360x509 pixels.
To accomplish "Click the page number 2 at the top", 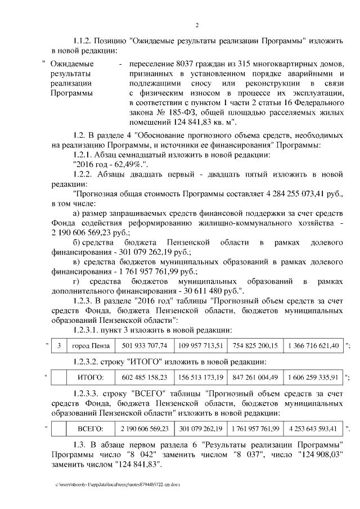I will [x=197, y=25].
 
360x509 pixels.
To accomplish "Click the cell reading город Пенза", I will [x=90, y=345].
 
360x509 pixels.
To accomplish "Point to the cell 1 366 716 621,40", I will [x=313, y=345].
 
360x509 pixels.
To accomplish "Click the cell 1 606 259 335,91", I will [x=313, y=377].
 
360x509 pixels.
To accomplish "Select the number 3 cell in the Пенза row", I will [x=59, y=345].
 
